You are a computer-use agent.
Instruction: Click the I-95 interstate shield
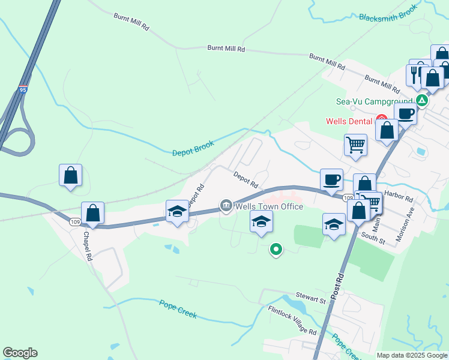click(x=23, y=89)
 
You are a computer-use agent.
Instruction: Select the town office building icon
click(x=226, y=206)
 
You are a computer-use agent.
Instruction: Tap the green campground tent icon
click(x=423, y=100)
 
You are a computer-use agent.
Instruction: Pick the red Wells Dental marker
click(x=381, y=120)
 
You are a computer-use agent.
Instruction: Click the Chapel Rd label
click(x=88, y=247)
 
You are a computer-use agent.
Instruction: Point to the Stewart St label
click(x=310, y=297)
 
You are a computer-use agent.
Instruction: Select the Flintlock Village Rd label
click(x=292, y=321)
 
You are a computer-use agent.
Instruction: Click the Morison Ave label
click(x=403, y=225)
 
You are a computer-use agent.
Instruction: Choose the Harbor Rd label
click(x=400, y=197)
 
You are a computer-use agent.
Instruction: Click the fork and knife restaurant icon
click(x=415, y=75)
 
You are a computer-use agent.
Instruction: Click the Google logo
click(x=20, y=353)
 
